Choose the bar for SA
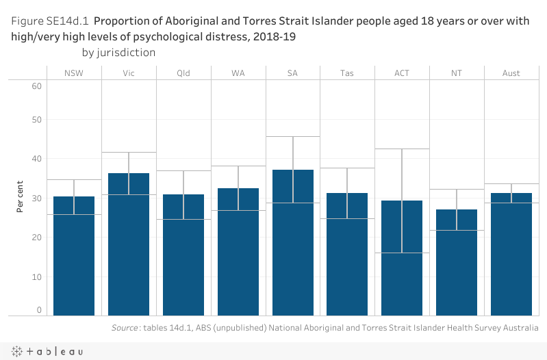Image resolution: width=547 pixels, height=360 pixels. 293,242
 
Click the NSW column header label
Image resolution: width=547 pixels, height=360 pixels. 74,73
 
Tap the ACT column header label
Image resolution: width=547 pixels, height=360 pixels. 402,73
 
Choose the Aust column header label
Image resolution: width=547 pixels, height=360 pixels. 511,73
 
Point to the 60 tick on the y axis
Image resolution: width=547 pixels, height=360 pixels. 36,86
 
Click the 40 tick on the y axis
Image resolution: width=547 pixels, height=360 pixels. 36,159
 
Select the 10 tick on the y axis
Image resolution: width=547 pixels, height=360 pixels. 36,277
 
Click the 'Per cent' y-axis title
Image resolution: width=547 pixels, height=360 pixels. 21,198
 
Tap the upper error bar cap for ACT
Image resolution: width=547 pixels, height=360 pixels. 402,149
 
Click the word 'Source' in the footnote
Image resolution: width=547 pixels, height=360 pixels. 125,328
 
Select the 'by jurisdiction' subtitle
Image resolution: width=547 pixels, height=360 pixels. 118,52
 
